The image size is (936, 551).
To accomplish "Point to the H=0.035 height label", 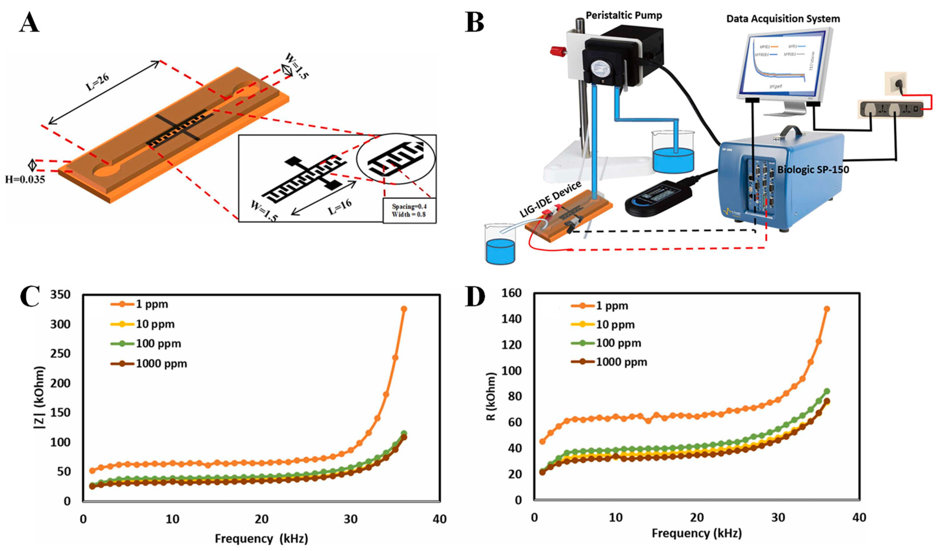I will pyautogui.click(x=25, y=180).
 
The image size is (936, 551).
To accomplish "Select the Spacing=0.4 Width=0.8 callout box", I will pyautogui.click(x=409, y=210).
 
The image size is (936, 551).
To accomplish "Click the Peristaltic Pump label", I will pyautogui.click(x=624, y=16).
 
